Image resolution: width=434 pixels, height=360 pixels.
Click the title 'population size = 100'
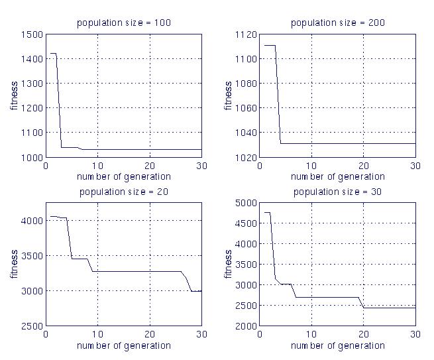click(123, 23)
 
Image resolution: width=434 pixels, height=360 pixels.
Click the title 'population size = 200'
click(337, 23)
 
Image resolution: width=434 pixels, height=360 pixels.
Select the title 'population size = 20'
click(123, 192)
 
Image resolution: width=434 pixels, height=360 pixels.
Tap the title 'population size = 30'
click(337, 192)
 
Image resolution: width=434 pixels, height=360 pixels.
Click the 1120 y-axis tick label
click(246, 34)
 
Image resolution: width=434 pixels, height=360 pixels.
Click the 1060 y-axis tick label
click(246, 108)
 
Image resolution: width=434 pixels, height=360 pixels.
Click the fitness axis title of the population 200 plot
click(229, 95)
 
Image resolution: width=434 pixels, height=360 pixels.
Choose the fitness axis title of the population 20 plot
click(15, 265)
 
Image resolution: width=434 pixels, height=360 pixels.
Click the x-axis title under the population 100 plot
click(123, 176)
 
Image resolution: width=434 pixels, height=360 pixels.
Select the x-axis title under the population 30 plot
click(337, 345)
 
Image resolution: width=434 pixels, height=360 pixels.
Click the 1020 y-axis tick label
click(246, 157)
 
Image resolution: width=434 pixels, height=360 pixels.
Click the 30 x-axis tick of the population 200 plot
click(414, 165)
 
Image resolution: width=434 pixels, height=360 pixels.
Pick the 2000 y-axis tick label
click(246, 326)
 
